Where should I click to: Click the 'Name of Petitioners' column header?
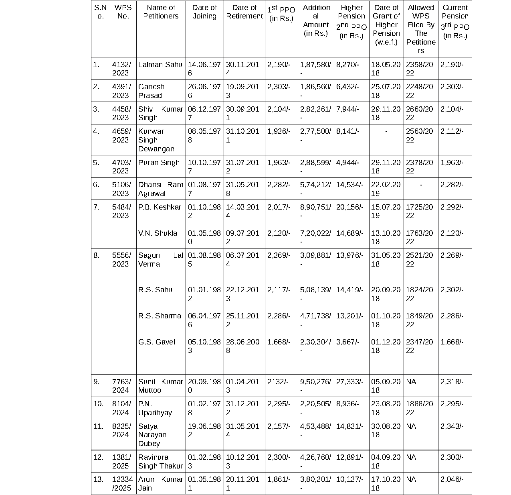(161, 12)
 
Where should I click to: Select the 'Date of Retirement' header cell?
(244, 12)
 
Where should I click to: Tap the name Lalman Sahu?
(160, 65)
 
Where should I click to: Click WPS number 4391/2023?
(121, 91)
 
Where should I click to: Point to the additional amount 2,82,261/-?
(316, 113)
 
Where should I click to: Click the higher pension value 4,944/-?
(347, 163)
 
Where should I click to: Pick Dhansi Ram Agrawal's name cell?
(160, 189)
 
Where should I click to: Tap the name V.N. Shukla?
(158, 233)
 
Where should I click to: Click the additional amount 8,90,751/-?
(316, 211)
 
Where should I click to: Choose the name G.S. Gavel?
(157, 342)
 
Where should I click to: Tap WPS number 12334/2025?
(122, 484)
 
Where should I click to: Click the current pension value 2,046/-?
(452, 479)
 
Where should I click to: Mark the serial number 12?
(98, 457)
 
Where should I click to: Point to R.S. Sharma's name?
(160, 316)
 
